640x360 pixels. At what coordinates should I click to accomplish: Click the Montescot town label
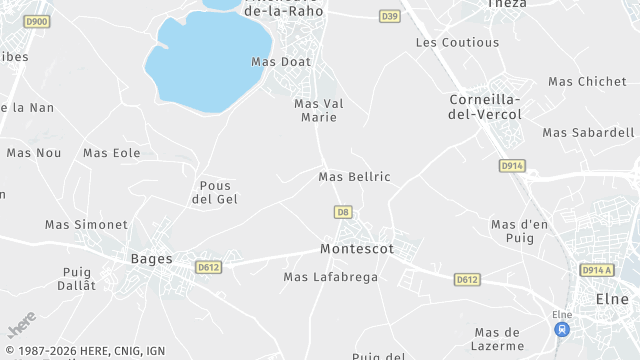pos(357,248)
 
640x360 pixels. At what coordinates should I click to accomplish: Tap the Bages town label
pos(151,258)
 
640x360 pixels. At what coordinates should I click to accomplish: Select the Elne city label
pos(612,298)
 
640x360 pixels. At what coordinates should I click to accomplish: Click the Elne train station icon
pos(562,328)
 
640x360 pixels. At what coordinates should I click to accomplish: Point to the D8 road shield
pos(344,212)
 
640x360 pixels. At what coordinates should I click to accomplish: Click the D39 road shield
pos(390,16)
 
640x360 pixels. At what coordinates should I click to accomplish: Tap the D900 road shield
pos(37,21)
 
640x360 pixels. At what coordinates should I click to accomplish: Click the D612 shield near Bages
pos(208,267)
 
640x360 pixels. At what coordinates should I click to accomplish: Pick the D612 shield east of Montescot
pos(467,279)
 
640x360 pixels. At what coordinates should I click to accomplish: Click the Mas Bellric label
pos(354,177)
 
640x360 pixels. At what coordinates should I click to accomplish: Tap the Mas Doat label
pos(281,62)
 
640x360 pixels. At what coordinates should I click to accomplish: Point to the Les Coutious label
pos(457,43)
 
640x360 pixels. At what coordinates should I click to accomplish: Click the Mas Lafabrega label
pos(331,277)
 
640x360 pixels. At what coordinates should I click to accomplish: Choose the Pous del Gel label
pos(214,192)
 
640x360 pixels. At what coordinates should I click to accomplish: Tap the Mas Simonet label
pos(86,225)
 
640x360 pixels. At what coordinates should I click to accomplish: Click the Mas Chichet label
pos(587,82)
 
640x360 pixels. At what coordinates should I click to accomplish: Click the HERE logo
pos(21,327)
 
